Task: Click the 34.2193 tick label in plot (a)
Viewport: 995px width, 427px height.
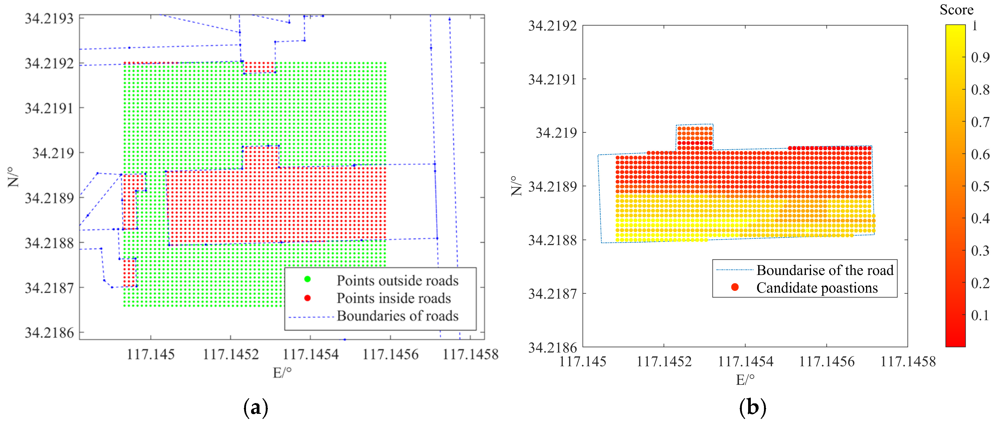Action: point(49,19)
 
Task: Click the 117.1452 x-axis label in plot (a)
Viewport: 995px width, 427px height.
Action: point(231,354)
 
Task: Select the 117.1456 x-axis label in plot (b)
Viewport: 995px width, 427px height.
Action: point(827,362)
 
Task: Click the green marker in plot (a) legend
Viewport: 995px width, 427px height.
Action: point(307,279)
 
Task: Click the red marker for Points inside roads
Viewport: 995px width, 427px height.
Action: point(307,298)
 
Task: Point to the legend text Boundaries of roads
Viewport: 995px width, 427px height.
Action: point(397,316)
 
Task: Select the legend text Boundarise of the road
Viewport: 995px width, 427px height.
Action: point(825,270)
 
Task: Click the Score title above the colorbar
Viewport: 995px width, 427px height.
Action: point(956,10)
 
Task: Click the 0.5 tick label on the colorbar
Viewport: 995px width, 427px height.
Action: point(980,186)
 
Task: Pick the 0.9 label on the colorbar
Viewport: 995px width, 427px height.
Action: point(980,57)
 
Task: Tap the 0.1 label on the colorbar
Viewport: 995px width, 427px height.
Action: point(980,315)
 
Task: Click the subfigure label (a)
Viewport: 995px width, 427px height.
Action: point(256,408)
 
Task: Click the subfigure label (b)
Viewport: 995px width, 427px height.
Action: point(752,408)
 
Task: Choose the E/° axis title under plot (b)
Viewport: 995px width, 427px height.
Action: point(745,380)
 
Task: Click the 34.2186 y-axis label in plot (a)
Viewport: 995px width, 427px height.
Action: point(49,333)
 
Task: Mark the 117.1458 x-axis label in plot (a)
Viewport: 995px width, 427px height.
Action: point(470,354)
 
